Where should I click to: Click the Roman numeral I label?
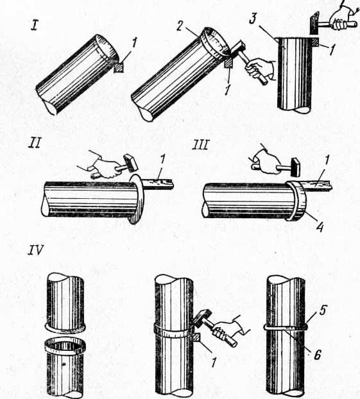click(x=35, y=26)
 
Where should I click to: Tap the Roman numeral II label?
click(x=35, y=143)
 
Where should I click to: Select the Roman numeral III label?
click(x=201, y=145)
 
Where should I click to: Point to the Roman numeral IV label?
click(x=36, y=250)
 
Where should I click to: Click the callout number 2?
click(x=180, y=26)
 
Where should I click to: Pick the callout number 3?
click(x=253, y=19)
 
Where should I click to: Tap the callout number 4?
click(x=320, y=226)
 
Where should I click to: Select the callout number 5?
click(x=323, y=310)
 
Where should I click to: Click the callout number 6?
click(x=317, y=355)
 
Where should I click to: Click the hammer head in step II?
click(x=131, y=162)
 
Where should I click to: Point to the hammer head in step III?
click(x=295, y=167)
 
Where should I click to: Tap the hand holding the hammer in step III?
click(x=266, y=162)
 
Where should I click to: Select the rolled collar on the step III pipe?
click(x=296, y=201)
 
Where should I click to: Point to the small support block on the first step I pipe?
click(x=119, y=67)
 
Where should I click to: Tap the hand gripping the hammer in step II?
click(x=105, y=167)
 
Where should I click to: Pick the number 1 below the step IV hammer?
click(x=214, y=361)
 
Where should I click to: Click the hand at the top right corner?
click(x=342, y=19)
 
